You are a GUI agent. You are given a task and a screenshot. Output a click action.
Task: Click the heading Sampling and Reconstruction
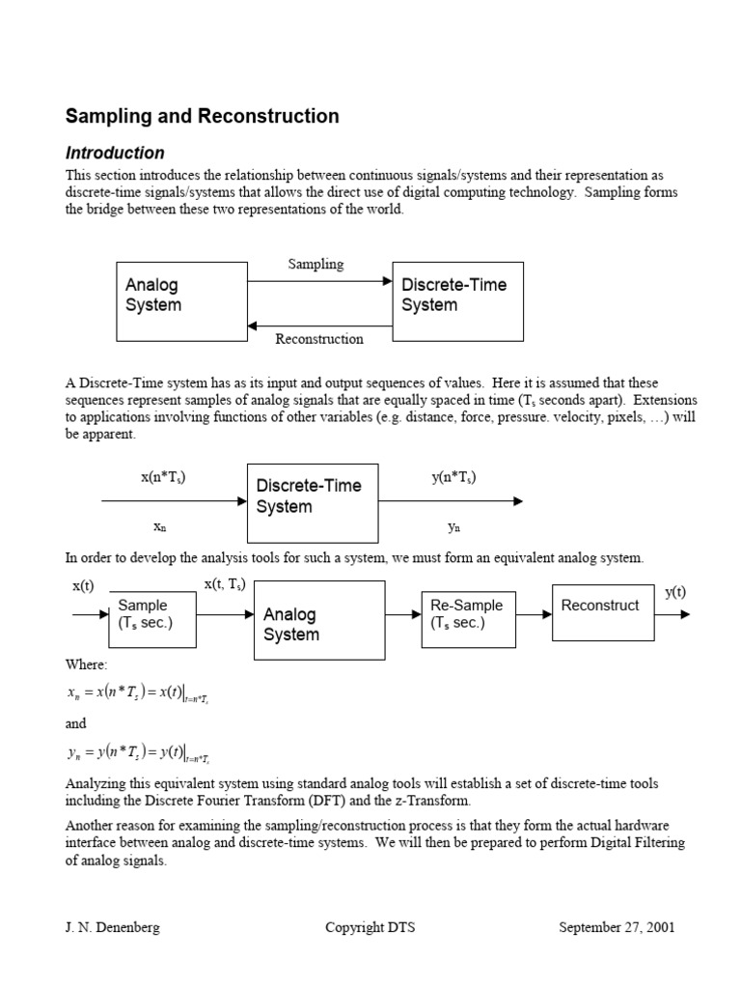[202, 117]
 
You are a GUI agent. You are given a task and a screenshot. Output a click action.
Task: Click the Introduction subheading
[115, 153]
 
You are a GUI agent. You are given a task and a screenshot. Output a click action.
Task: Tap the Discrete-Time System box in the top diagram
[457, 300]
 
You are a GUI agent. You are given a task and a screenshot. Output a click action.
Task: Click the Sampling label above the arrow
[316, 264]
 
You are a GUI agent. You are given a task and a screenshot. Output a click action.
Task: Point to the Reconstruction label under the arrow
[319, 339]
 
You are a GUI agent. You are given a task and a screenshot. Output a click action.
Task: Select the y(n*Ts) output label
[453, 477]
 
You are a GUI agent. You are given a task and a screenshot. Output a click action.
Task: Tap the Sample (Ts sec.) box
[152, 618]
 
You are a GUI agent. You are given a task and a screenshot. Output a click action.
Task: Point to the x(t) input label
[83, 586]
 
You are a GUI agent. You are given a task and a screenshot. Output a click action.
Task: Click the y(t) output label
[675, 592]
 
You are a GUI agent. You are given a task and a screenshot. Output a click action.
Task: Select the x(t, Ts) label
[225, 583]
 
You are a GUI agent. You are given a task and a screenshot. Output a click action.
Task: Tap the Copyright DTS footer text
[370, 928]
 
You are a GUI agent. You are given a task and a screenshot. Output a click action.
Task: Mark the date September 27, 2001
[617, 928]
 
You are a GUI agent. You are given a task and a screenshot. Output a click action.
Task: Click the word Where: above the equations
[87, 664]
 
